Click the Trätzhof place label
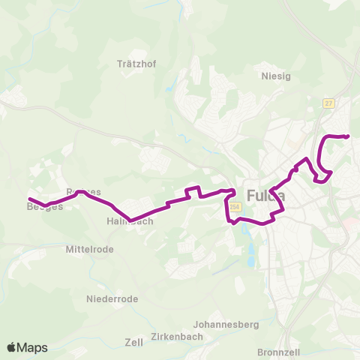pyautogui.click(x=136, y=64)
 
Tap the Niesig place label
pyautogui.click(x=275, y=76)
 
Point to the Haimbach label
pyautogui.click(x=130, y=221)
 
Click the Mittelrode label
pyautogui.click(x=88, y=247)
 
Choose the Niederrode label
pyautogui.click(x=112, y=298)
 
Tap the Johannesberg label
pyautogui.click(x=226, y=325)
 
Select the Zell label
pyautogui.click(x=134, y=342)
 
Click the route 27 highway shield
pyautogui.click(x=328, y=103)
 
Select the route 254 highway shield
pyautogui.click(x=235, y=207)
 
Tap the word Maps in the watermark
pyautogui.click(x=33, y=347)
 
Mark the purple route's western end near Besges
pyautogui.click(x=29, y=199)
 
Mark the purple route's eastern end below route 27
pyautogui.click(x=349, y=136)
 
